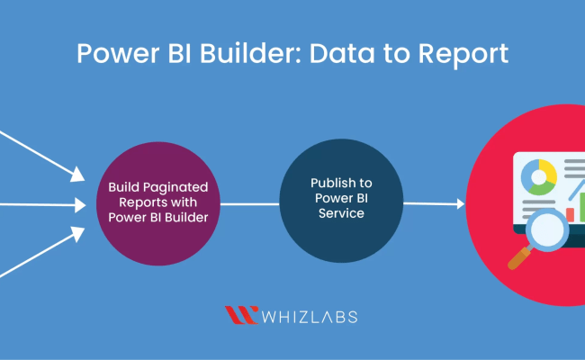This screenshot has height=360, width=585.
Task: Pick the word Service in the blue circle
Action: click(x=341, y=214)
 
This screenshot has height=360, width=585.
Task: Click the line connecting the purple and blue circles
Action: click(x=249, y=203)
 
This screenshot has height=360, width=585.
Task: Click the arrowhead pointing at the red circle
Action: click(x=460, y=204)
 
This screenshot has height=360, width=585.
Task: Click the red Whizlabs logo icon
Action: click(x=240, y=315)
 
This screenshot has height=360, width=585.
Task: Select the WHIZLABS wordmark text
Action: click(x=310, y=316)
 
